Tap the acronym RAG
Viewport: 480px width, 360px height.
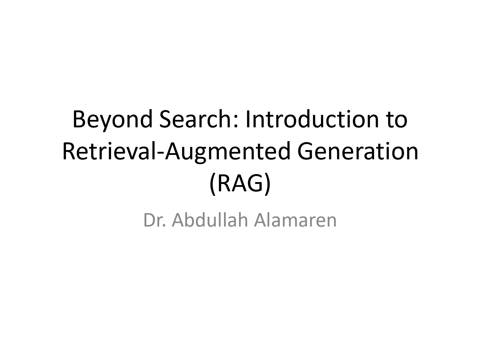[x=240, y=184]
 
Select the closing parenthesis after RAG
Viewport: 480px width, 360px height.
[x=268, y=185]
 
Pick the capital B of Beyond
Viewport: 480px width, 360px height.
[x=79, y=119]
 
